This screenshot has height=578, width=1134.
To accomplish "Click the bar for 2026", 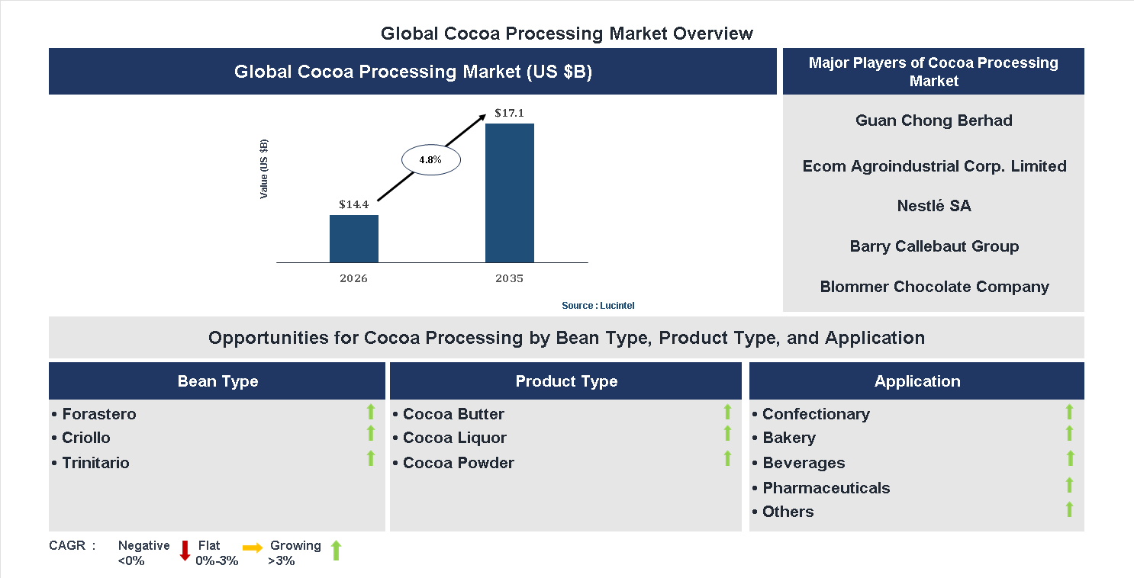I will [353, 239].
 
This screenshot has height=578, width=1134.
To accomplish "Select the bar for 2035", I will [509, 193].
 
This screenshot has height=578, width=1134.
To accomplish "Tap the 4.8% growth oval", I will [432, 160].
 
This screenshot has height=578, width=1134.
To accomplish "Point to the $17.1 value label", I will [509, 114].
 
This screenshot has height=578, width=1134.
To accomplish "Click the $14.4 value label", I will [354, 204].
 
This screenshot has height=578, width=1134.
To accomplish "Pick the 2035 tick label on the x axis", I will [509, 278].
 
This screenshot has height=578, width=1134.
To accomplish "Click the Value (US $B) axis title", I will [264, 169].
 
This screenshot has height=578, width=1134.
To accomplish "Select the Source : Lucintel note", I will [598, 305].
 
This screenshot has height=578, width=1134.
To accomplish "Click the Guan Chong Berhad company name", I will [933, 120].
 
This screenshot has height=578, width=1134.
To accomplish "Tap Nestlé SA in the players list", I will [933, 206].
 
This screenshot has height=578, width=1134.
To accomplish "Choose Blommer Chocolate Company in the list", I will [934, 287].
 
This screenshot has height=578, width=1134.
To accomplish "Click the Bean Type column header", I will [217, 381].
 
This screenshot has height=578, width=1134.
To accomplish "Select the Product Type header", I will [566, 381].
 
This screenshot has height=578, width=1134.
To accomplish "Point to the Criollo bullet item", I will [86, 438].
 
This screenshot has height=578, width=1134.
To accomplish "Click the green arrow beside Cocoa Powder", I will [727, 458].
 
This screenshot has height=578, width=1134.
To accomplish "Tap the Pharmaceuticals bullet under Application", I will [826, 488].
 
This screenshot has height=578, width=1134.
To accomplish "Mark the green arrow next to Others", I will [1070, 509].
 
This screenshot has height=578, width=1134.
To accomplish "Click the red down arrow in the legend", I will [185, 551].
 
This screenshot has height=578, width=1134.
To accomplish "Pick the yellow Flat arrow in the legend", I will [253, 547].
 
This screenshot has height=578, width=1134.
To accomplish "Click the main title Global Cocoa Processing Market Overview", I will [567, 34].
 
